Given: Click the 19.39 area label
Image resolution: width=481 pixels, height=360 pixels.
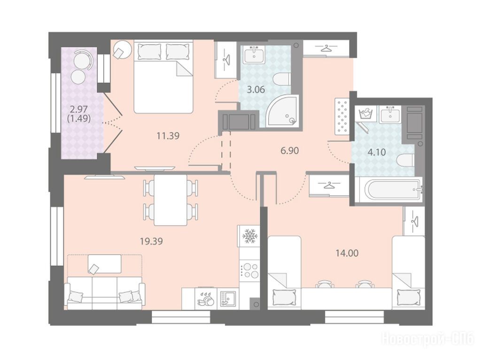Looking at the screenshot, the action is coord(151,241).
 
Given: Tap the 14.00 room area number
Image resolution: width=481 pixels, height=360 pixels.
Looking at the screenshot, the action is coord(347,253).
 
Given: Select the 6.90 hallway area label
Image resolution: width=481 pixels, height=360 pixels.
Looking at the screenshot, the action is coord(289,151).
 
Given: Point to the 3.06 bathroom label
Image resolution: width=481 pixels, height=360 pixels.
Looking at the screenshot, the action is coord(256,90).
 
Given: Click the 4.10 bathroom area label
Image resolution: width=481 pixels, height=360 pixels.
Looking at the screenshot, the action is coord(377,152).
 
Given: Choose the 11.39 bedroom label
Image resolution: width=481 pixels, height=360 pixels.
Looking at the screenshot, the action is coord(168,136).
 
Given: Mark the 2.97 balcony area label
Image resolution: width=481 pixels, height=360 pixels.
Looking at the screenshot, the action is coord(79,109).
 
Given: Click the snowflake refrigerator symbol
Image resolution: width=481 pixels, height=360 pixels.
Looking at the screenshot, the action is coord(248,236).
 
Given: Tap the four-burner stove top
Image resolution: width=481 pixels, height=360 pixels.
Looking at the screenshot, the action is coord(250,270).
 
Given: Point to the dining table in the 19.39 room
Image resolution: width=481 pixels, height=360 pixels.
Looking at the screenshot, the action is coord(171,200).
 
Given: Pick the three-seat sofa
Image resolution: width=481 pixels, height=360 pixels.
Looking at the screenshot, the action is coord(105,293).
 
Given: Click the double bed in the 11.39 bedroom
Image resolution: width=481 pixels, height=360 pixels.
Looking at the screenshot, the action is coord(163,77).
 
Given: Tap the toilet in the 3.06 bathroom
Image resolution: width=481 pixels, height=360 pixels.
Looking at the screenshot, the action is coord(281,79).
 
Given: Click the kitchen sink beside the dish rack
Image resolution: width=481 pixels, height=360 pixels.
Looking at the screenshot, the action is coord(227,299).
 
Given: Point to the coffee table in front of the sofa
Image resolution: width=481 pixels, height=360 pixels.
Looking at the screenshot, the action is coord(105,263).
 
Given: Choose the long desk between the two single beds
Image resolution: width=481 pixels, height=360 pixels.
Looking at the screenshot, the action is coord(347,299).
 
